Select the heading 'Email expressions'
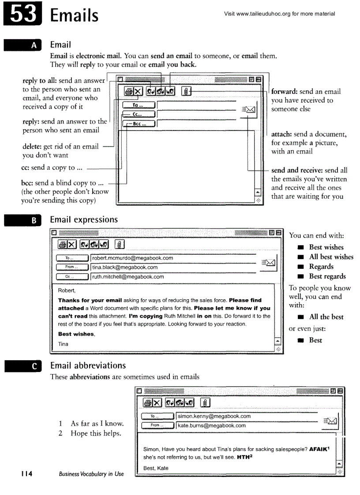click(84, 220)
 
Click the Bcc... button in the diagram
click(138, 124)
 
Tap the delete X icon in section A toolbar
click(138, 91)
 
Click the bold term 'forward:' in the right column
click(285, 92)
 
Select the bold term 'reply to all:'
click(40, 81)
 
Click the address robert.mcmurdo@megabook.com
click(132, 258)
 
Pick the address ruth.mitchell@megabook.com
click(128, 277)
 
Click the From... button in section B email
click(72, 268)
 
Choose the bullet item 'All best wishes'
click(331, 257)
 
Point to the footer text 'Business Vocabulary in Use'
click(91, 474)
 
